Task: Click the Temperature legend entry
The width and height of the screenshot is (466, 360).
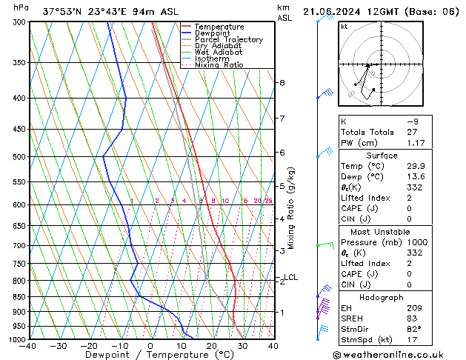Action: coord(220,27)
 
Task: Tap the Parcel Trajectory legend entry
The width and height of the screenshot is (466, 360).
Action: coord(228,40)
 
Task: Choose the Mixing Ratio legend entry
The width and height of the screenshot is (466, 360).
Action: coord(219,65)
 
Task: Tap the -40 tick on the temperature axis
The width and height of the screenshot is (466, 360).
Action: coord(28,346)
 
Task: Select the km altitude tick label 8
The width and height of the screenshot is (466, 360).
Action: coord(282,83)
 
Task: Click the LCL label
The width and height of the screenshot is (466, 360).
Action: coord(290,278)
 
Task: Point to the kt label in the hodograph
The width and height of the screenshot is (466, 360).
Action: coord(344,27)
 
